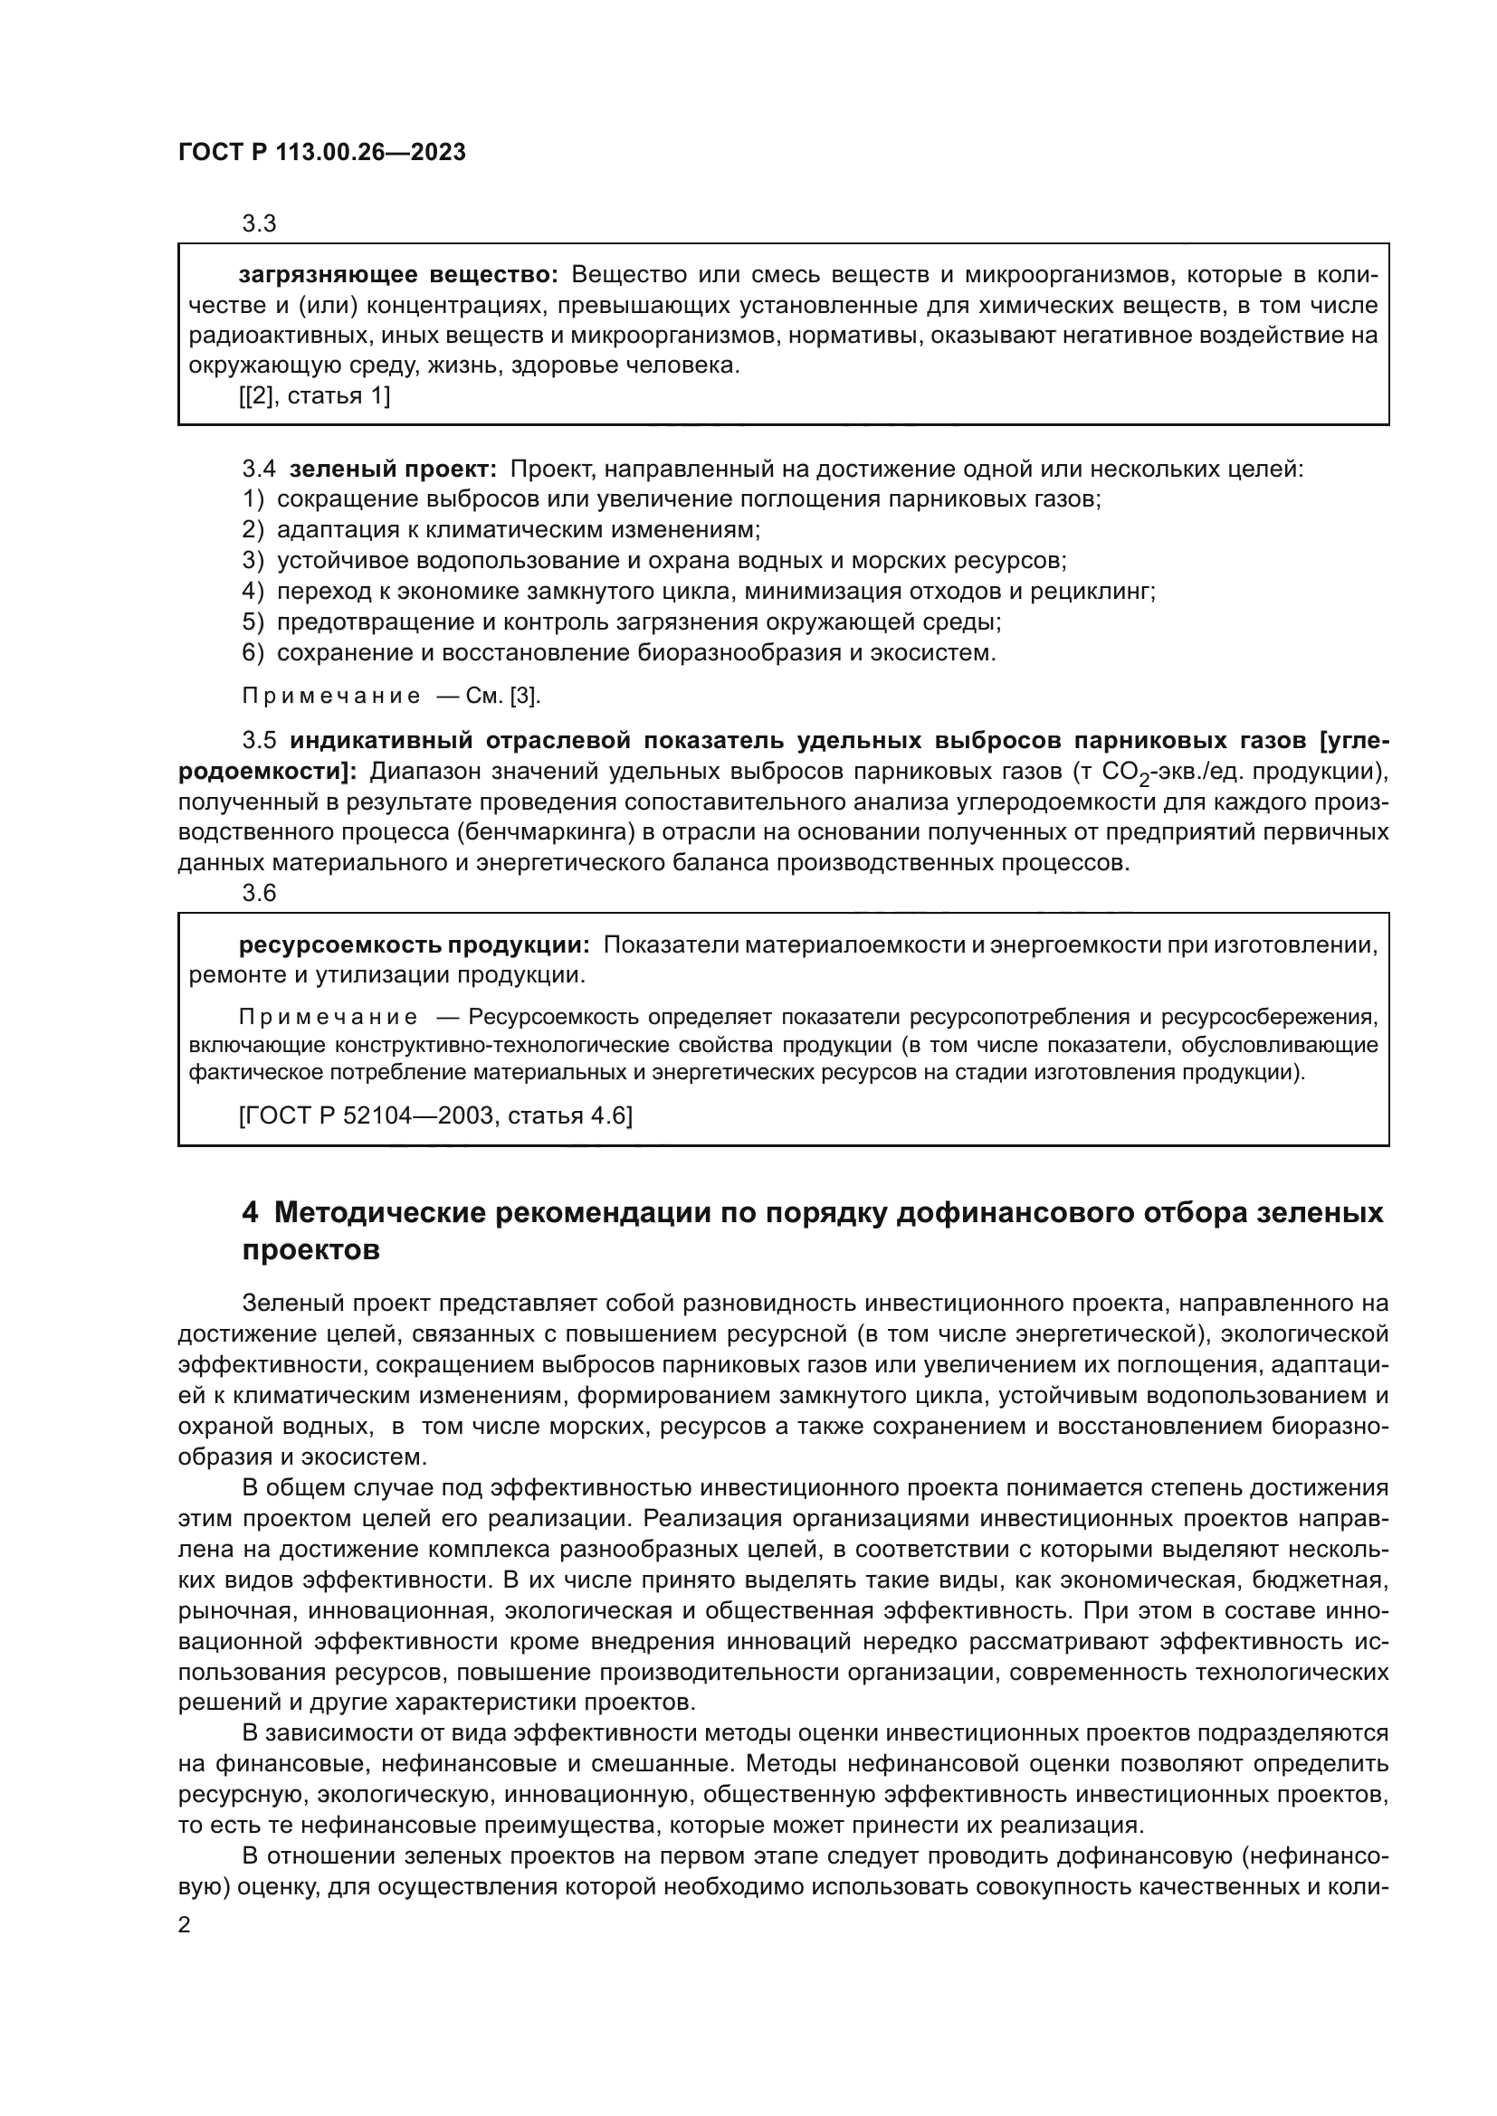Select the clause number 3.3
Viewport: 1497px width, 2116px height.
point(259,223)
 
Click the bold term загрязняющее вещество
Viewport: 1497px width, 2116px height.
point(398,275)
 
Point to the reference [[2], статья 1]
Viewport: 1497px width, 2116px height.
point(314,396)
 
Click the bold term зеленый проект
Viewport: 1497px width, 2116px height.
point(393,470)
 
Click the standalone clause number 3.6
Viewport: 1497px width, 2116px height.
point(259,893)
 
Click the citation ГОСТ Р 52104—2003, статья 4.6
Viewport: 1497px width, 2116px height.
point(435,1116)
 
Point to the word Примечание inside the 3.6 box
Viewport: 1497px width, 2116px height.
point(329,1018)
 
